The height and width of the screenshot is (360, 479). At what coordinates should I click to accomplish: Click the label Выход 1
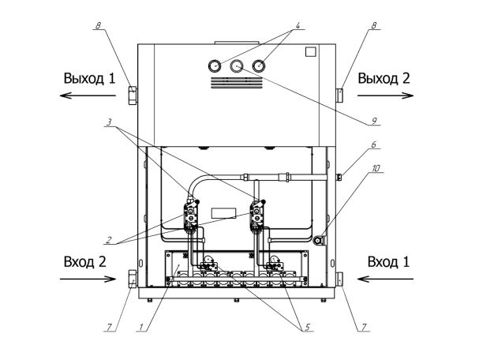click(89, 78)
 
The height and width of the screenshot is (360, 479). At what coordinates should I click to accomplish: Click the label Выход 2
click(384, 78)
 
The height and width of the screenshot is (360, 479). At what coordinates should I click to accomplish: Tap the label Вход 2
click(85, 261)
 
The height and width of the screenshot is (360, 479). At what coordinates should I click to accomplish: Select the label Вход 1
click(388, 261)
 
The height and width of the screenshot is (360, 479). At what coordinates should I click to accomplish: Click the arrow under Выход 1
click(88, 96)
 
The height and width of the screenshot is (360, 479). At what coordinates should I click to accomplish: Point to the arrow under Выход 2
click(386, 96)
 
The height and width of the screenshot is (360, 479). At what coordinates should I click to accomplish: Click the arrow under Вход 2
click(88, 279)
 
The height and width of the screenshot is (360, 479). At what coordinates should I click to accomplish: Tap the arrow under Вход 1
click(386, 279)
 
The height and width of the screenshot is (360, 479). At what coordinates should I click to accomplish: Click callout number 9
click(374, 121)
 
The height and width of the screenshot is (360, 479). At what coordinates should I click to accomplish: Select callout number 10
click(376, 168)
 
